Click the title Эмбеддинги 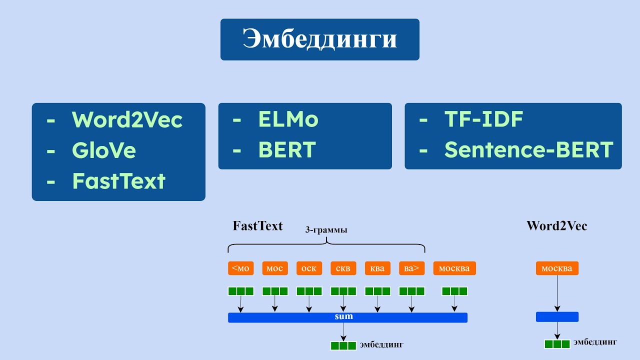click(319, 39)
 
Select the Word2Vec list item click(127, 120)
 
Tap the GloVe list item click(103, 150)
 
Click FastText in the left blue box click(118, 181)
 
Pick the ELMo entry click(288, 119)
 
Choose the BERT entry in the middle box click(287, 150)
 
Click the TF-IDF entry click(483, 119)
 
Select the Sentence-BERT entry click(528, 150)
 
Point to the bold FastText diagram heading click(257, 225)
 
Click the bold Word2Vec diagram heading click(556, 225)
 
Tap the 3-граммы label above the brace click(326, 230)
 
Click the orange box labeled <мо click(240, 268)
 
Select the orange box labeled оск click(309, 268)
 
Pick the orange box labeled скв click(343, 268)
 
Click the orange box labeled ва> click(411, 268)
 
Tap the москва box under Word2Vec click(557, 268)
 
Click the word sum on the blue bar click(343, 316)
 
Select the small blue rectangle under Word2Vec click(557, 316)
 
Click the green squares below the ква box click(377, 291)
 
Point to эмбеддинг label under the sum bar click(381, 345)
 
